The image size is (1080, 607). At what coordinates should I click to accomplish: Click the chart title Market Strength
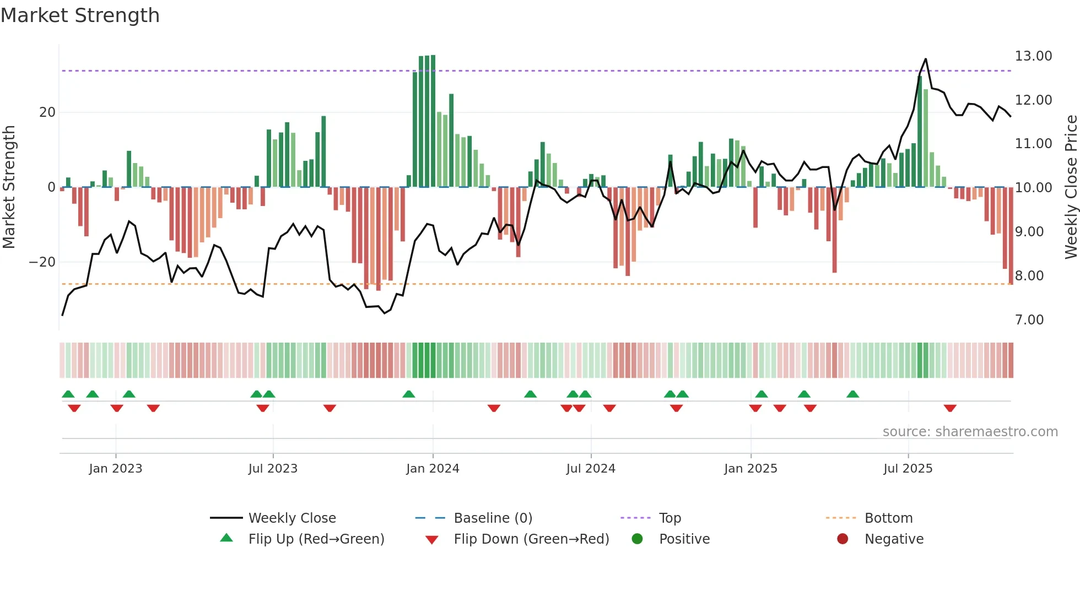[80, 15]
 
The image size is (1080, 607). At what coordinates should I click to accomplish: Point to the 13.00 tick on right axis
[1033, 56]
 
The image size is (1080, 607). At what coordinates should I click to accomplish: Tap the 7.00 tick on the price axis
[1029, 320]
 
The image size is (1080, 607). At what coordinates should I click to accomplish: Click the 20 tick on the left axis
[47, 112]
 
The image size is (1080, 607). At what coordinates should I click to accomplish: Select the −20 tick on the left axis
[42, 262]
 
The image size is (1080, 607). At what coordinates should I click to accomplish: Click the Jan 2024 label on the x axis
[433, 469]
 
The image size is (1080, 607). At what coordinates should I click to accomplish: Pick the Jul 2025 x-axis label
[908, 469]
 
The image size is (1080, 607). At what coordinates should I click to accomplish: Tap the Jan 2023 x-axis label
[116, 469]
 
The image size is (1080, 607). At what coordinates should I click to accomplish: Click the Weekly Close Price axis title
[1071, 187]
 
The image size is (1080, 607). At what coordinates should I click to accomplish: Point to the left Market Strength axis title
[9, 187]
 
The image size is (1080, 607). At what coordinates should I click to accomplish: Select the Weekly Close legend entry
[291, 518]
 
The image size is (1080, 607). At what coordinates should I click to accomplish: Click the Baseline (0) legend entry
[493, 518]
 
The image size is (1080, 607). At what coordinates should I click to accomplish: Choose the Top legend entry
[670, 518]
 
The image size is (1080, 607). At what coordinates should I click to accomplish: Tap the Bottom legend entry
[888, 518]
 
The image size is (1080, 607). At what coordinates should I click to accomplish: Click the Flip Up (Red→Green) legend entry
[316, 539]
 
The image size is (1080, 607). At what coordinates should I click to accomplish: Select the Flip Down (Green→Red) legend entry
[531, 539]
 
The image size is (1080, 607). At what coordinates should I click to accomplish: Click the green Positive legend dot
[638, 539]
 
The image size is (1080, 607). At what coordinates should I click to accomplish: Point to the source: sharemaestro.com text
[970, 432]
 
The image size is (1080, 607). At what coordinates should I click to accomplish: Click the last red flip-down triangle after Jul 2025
[950, 408]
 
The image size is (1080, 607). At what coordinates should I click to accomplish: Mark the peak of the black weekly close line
[926, 59]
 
